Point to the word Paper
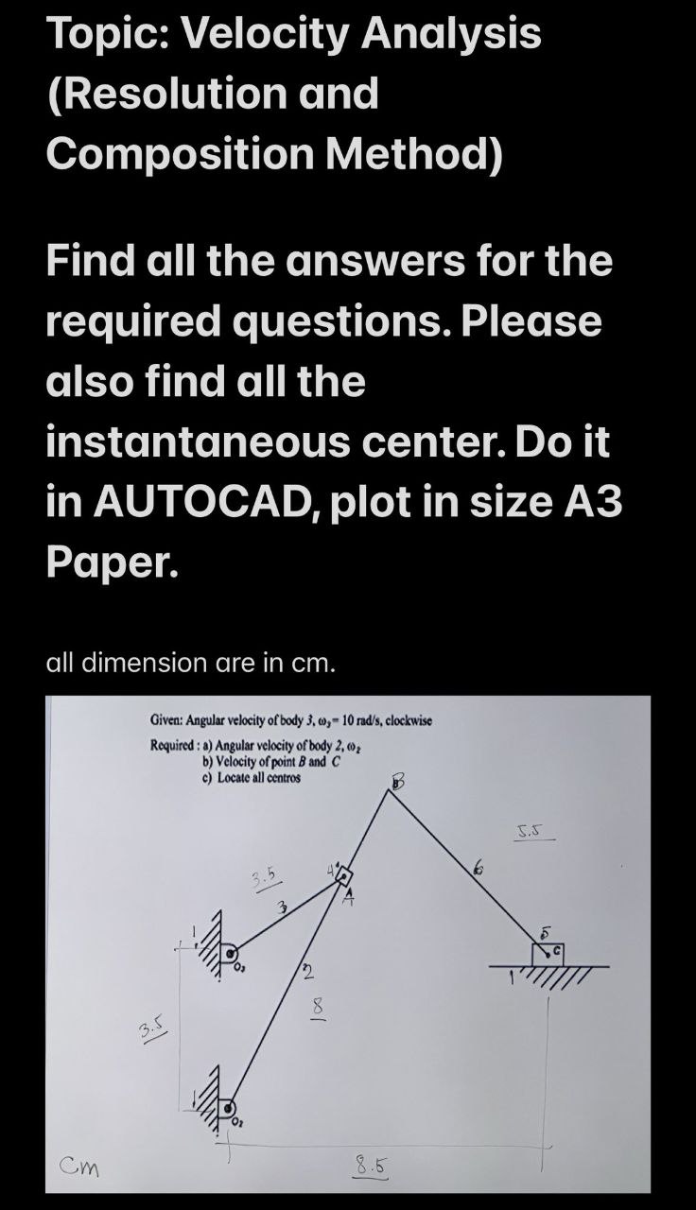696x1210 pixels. pos(111,564)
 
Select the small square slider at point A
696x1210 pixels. pos(341,875)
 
